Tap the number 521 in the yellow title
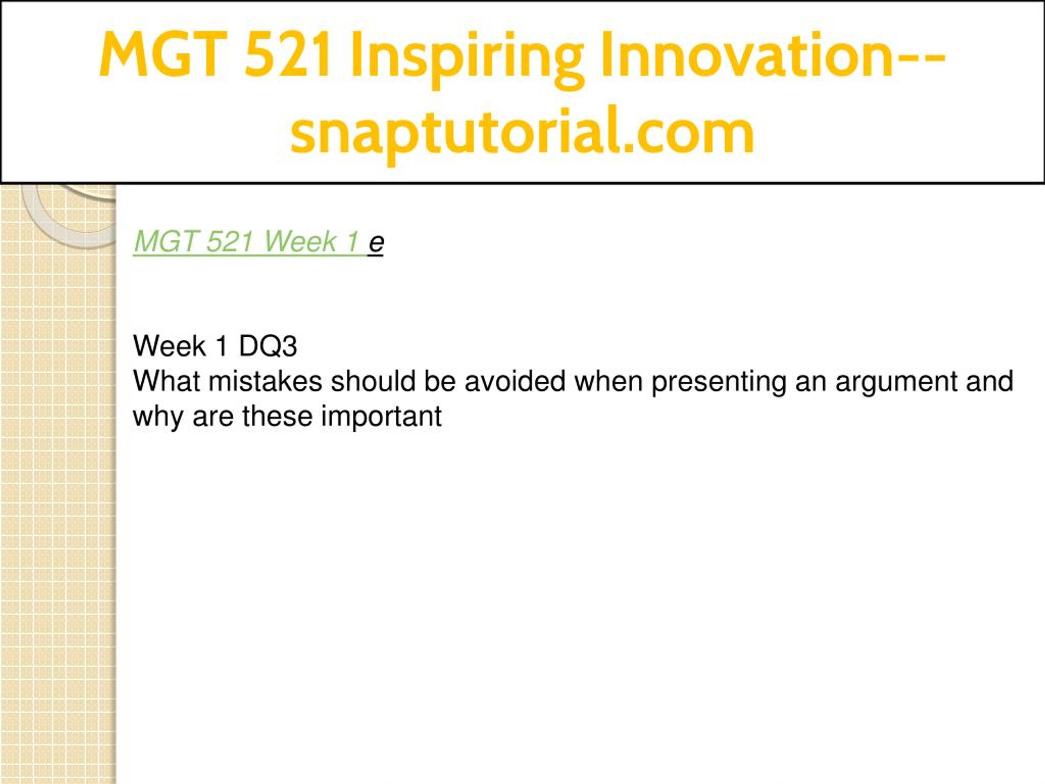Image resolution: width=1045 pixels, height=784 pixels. pos(287,54)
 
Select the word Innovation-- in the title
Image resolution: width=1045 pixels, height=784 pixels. pos(773,54)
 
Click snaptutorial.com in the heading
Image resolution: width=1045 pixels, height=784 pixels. pos(522,132)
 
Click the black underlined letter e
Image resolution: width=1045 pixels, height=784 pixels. pos(376,244)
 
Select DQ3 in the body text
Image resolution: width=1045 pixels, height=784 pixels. pos(268,346)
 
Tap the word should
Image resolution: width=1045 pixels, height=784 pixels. pos(373,381)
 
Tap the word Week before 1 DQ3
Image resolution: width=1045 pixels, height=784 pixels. pos(169,346)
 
